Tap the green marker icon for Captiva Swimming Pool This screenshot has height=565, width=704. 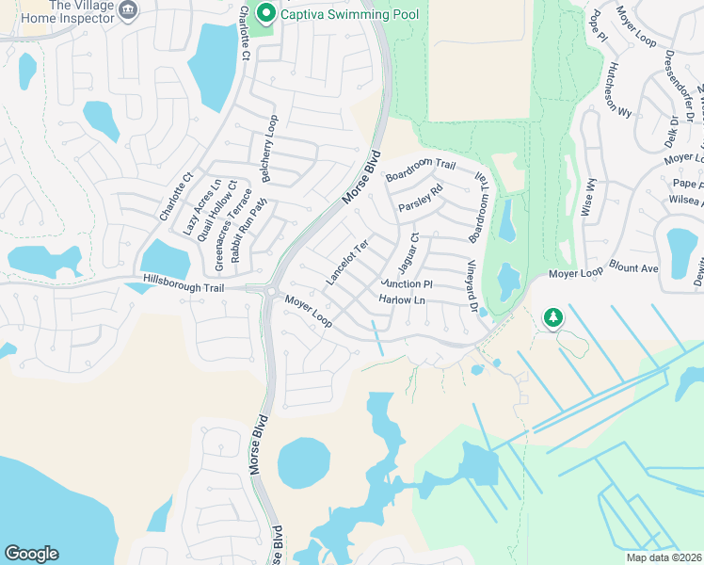tap(266, 13)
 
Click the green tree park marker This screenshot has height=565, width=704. tap(553, 317)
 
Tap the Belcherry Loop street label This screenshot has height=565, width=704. tap(270, 149)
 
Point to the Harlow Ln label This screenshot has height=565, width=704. tap(402, 299)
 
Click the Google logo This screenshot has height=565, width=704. tap(31, 554)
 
